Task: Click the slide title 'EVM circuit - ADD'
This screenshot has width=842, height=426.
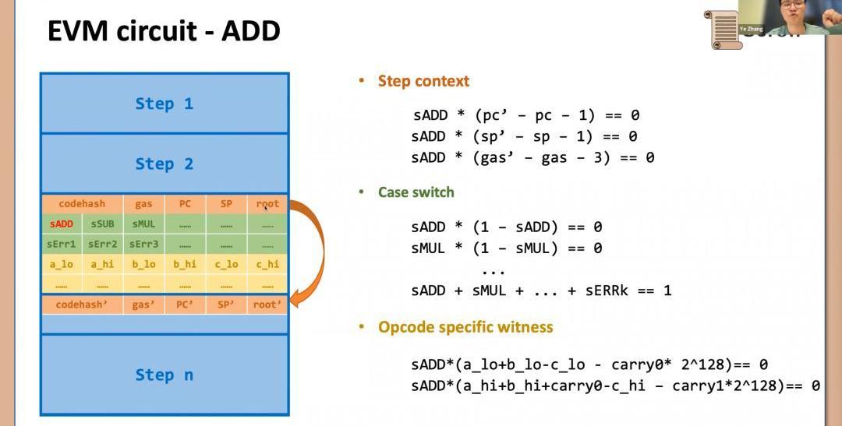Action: coord(164,32)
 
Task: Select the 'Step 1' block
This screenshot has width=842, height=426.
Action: coord(165,104)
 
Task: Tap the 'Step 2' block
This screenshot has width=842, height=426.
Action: coord(165,164)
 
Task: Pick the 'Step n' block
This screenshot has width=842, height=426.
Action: coord(165,375)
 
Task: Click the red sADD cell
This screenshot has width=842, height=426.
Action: coord(62,224)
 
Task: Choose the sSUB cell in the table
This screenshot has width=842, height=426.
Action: coord(102,224)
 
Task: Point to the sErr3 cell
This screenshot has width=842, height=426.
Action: coord(144,244)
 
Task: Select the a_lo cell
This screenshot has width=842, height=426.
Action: coord(62,264)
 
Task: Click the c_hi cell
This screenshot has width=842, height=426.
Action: coord(267,264)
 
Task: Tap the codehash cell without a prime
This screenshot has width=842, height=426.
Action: coord(82,204)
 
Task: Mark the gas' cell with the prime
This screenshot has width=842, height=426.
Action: coord(143,305)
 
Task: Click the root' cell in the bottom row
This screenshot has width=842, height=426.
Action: coord(267,305)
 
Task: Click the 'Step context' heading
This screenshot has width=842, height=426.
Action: coord(423,81)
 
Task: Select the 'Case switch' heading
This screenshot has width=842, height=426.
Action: coord(416,192)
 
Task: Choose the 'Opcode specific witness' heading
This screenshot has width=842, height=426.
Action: coord(465,327)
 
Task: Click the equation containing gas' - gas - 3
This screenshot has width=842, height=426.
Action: coord(532,158)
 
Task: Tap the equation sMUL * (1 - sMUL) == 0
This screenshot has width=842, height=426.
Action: coord(507,248)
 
